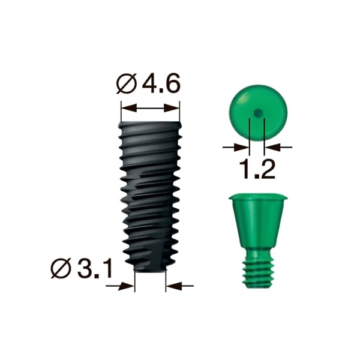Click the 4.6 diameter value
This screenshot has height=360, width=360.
160,83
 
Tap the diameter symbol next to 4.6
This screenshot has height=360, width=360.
127,84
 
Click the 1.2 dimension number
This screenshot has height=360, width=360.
257,169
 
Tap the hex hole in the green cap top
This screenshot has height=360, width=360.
257,113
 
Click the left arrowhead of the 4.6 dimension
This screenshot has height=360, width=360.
129,107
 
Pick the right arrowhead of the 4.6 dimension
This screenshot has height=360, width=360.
172,107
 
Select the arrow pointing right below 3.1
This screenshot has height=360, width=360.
120,286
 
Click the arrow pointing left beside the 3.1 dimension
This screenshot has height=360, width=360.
180,286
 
